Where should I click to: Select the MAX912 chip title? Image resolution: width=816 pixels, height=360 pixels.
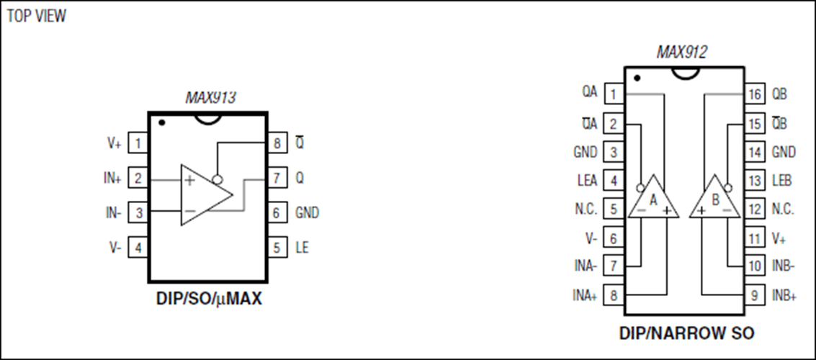[x=681, y=52]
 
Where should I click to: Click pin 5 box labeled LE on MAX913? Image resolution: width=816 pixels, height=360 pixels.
[x=277, y=248]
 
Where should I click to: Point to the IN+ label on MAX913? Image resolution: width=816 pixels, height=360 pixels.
[x=112, y=179]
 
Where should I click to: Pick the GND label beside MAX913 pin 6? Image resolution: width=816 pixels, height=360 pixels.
[x=307, y=213]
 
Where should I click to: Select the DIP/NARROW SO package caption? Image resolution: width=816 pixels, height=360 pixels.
[x=686, y=333]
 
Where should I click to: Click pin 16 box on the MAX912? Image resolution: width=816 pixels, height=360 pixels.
[x=753, y=94]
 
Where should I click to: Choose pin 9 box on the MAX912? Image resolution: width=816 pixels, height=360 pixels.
[x=753, y=294]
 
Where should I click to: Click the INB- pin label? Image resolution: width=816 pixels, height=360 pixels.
[x=784, y=266]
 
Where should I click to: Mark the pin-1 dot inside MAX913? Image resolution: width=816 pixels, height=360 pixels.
[x=162, y=123]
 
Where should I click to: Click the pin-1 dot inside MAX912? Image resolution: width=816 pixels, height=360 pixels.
[x=637, y=77]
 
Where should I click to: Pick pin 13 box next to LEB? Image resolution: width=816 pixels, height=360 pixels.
[x=753, y=181]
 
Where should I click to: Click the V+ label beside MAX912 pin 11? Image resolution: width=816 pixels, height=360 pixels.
[x=777, y=238]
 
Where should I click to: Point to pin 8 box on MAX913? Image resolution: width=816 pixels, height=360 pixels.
[x=277, y=144]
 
